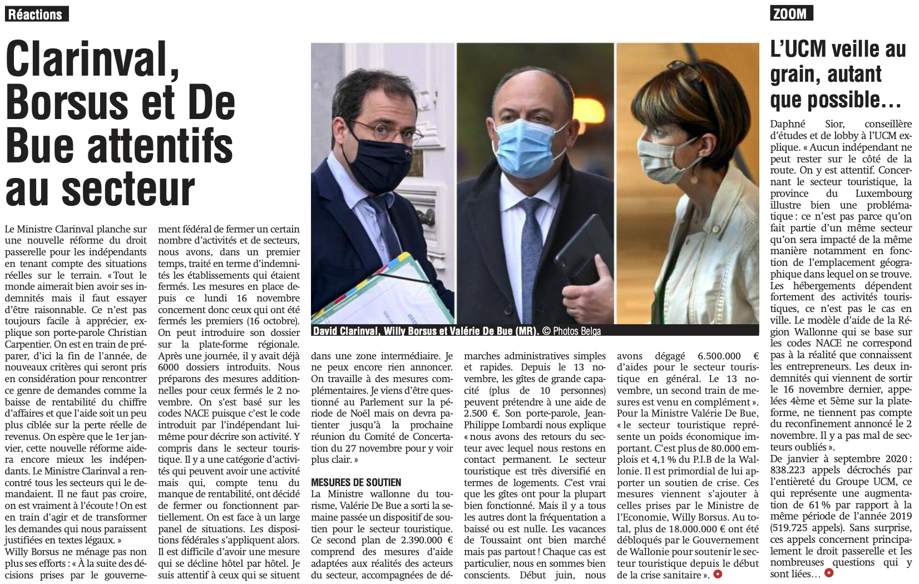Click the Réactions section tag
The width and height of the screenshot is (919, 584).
(36, 14)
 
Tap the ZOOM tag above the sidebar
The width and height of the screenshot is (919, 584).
(791, 13)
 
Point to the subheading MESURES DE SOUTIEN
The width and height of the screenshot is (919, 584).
(356, 482)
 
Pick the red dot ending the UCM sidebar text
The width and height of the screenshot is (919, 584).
(829, 572)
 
